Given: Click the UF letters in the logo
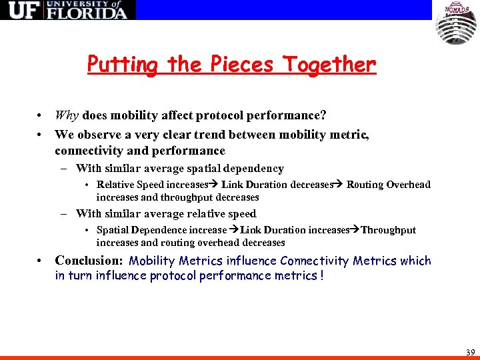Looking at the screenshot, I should [x=21, y=10].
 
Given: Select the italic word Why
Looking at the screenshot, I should [x=67, y=115].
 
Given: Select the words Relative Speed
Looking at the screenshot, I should [x=130, y=185].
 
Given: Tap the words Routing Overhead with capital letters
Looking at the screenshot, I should [x=389, y=185].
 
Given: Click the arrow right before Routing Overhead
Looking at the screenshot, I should [x=339, y=185].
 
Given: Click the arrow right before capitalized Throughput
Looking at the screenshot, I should [x=355, y=230].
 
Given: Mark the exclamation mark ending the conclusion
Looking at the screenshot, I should [x=322, y=276].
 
